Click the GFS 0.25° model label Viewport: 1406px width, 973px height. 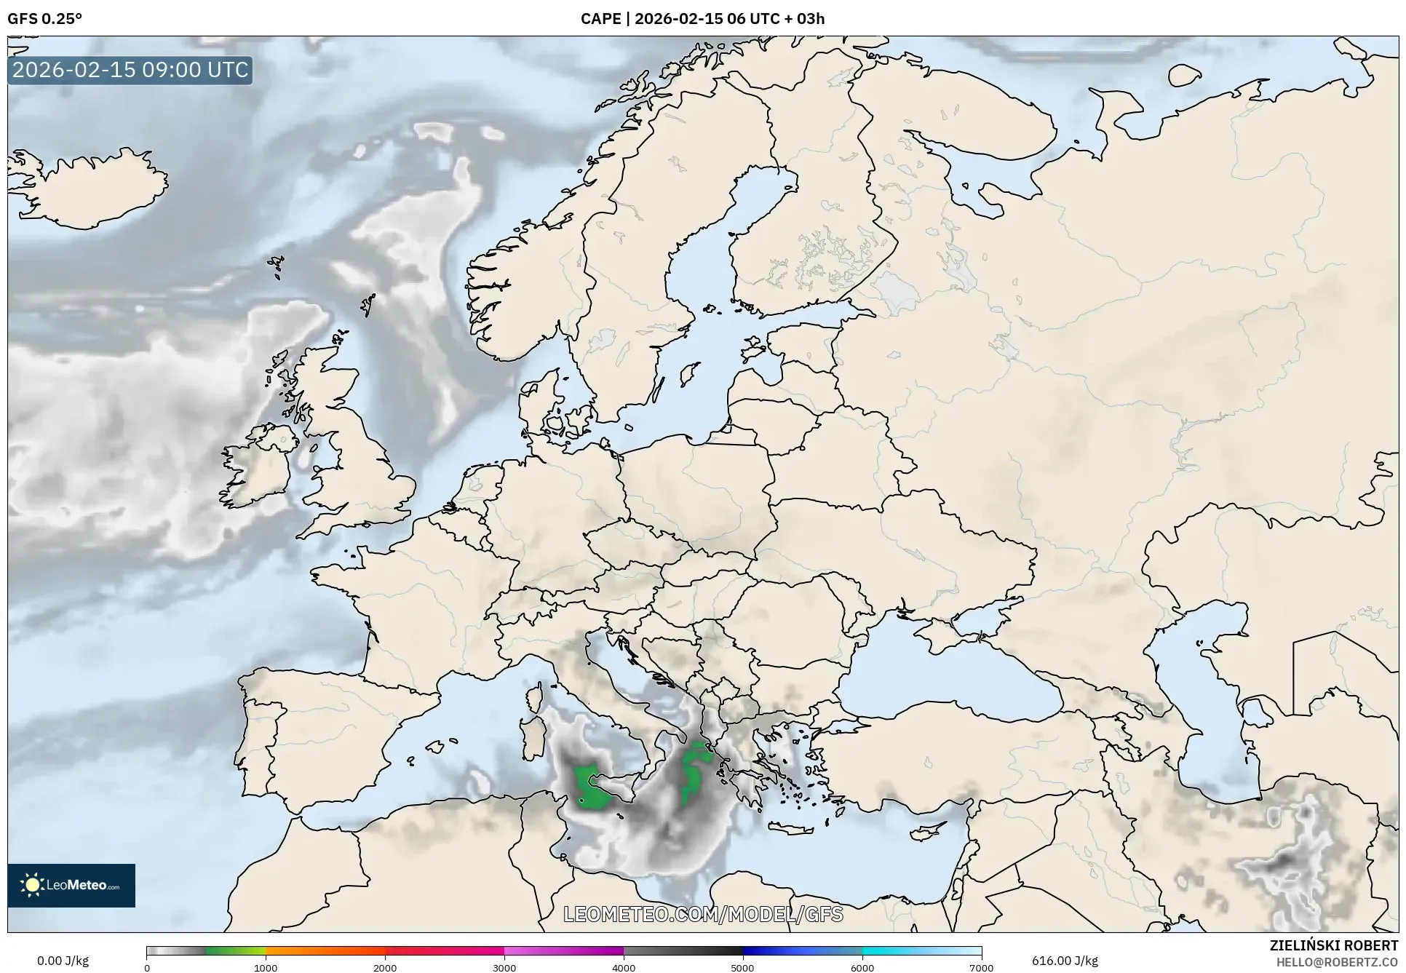tap(44, 19)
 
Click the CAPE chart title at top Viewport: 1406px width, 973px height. tap(702, 19)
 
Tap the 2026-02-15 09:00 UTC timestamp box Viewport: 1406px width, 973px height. tap(130, 70)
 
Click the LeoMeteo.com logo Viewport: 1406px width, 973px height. tap(71, 885)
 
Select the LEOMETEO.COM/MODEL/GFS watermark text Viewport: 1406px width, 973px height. tap(703, 914)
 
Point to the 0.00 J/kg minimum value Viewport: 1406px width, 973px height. tap(63, 961)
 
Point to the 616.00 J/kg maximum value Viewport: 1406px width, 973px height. tap(1065, 961)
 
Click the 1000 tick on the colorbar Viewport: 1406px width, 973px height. tap(266, 967)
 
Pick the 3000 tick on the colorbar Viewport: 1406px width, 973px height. tap(504, 967)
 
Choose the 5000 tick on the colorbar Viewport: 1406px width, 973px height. tap(742, 967)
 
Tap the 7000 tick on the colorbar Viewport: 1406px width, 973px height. tap(981, 967)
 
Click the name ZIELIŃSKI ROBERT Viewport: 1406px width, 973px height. tap(1333, 945)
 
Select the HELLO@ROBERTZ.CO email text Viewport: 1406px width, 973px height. tap(1337, 962)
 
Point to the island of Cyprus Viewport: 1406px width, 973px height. tap(924, 830)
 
